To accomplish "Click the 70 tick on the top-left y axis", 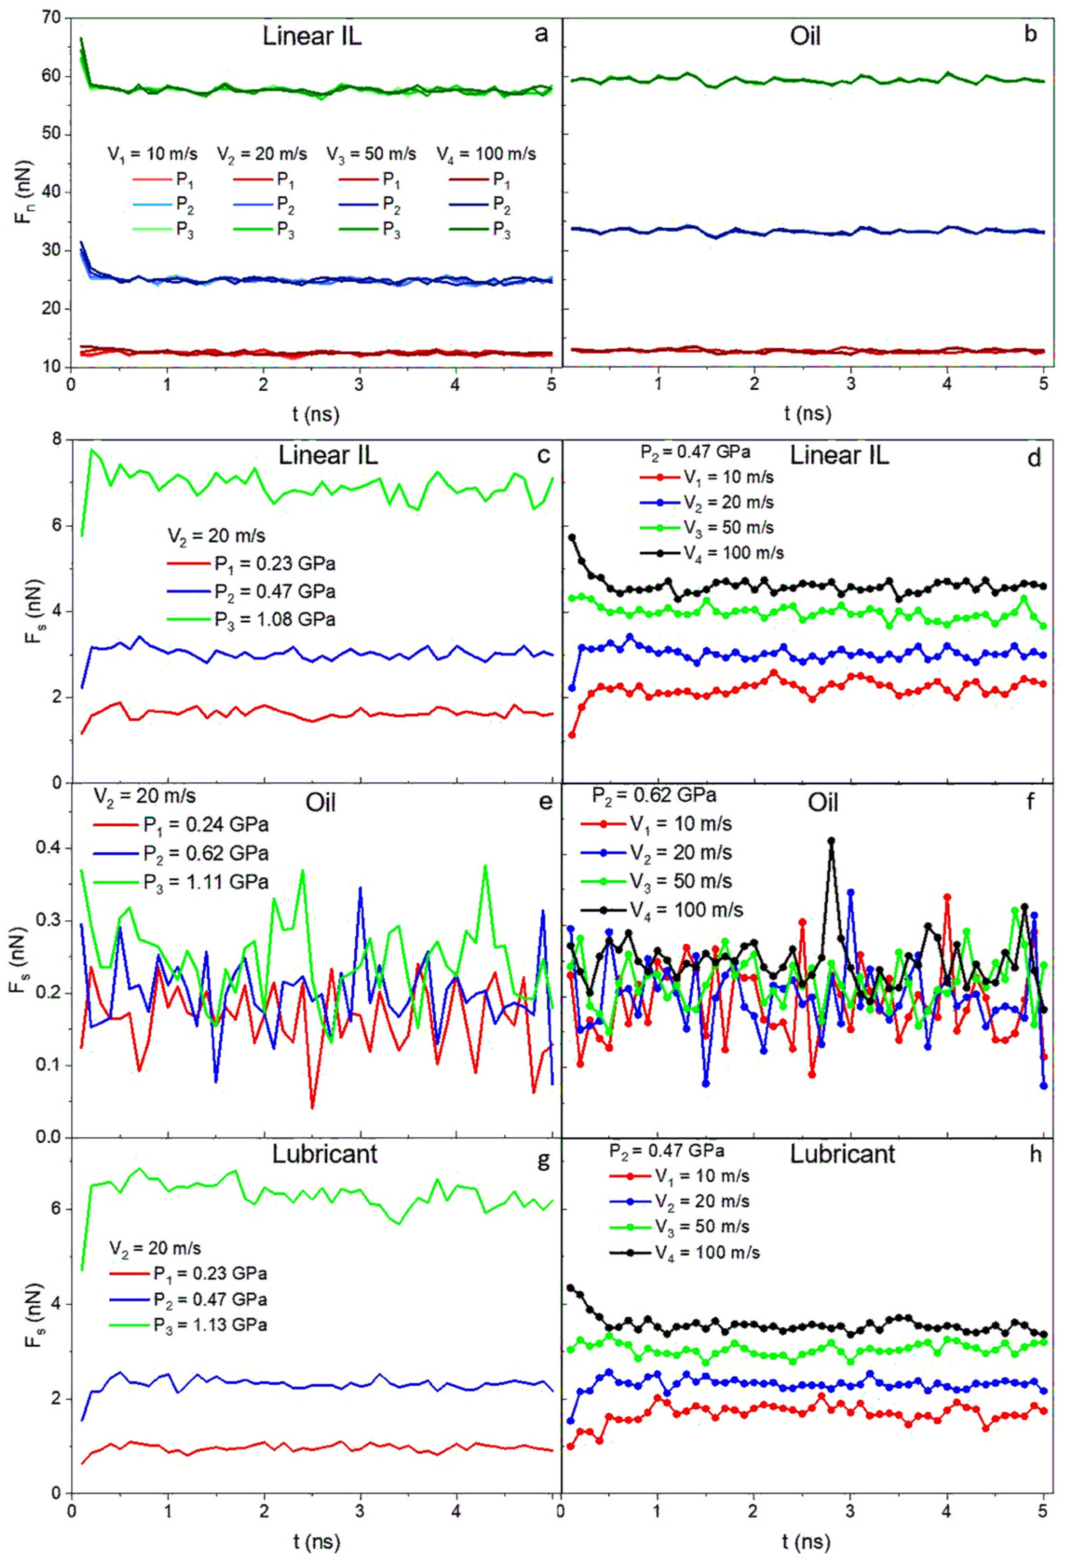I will [54, 18].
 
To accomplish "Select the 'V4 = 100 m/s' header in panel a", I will [486, 154].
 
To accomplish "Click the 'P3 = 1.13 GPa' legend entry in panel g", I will [209, 1325].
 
